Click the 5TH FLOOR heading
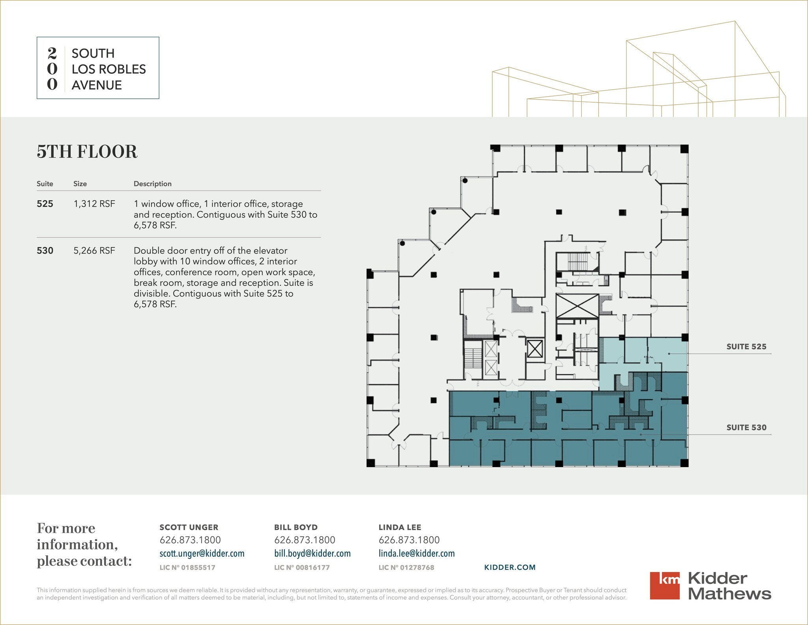(x=87, y=152)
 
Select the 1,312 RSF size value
(x=94, y=204)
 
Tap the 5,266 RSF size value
(x=94, y=251)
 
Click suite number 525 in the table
(x=45, y=204)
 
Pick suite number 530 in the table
(x=45, y=251)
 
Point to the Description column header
(x=153, y=184)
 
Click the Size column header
(x=80, y=184)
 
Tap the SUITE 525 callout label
(x=746, y=347)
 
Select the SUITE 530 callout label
(x=746, y=427)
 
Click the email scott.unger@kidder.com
(x=202, y=554)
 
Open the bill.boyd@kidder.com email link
(x=312, y=554)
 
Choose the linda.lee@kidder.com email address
(x=417, y=554)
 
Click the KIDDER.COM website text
(x=510, y=567)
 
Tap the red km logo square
(x=665, y=586)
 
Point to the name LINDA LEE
(x=400, y=527)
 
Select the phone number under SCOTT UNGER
(x=190, y=540)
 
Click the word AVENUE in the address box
(x=97, y=85)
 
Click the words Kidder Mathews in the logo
(x=730, y=586)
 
